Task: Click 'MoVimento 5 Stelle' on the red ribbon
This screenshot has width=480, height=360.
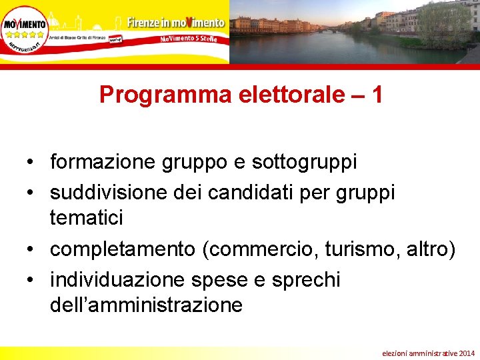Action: coord(193,39)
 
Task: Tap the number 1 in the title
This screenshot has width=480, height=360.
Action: coord(377,95)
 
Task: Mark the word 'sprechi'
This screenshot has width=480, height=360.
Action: coord(306,280)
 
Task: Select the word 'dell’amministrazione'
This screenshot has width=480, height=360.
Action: coord(146,305)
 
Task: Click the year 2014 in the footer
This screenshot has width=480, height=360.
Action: coord(467,351)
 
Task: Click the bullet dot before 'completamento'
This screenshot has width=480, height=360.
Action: coord(31,249)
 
